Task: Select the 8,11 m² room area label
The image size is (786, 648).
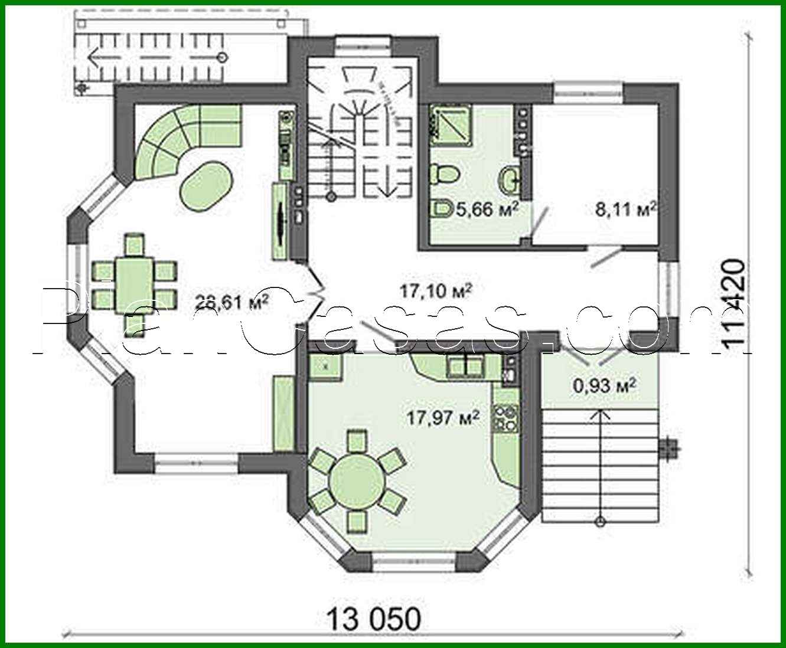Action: [x=626, y=210]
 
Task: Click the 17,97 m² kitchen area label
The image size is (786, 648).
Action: [x=442, y=418]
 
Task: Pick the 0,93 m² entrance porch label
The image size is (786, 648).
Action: [x=604, y=387]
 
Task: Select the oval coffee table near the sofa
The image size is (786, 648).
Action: [x=207, y=184]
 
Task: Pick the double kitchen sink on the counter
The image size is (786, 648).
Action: [x=466, y=366]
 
